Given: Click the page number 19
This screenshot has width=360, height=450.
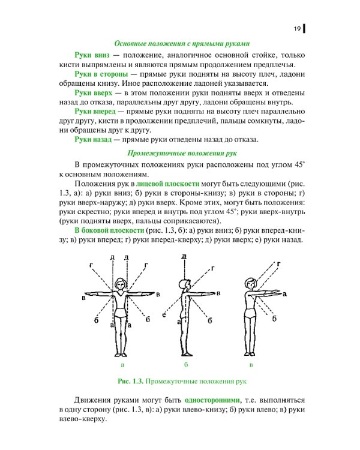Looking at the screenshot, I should click(x=297, y=29).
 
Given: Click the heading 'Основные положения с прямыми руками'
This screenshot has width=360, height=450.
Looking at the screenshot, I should click(x=182, y=43).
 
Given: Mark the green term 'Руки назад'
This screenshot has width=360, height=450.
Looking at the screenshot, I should click(x=93, y=140).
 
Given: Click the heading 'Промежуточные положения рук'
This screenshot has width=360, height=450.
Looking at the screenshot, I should click(x=182, y=153).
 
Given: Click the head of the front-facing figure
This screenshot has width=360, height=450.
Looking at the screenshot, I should click(x=121, y=282).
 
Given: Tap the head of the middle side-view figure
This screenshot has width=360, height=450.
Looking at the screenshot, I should click(x=185, y=283).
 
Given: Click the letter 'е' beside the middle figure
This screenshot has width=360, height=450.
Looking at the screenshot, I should click(x=164, y=313).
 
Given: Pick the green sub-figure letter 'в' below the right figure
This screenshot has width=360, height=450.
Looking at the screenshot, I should click(x=251, y=364).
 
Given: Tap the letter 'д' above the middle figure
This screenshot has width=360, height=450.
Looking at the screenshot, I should click(x=184, y=257).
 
